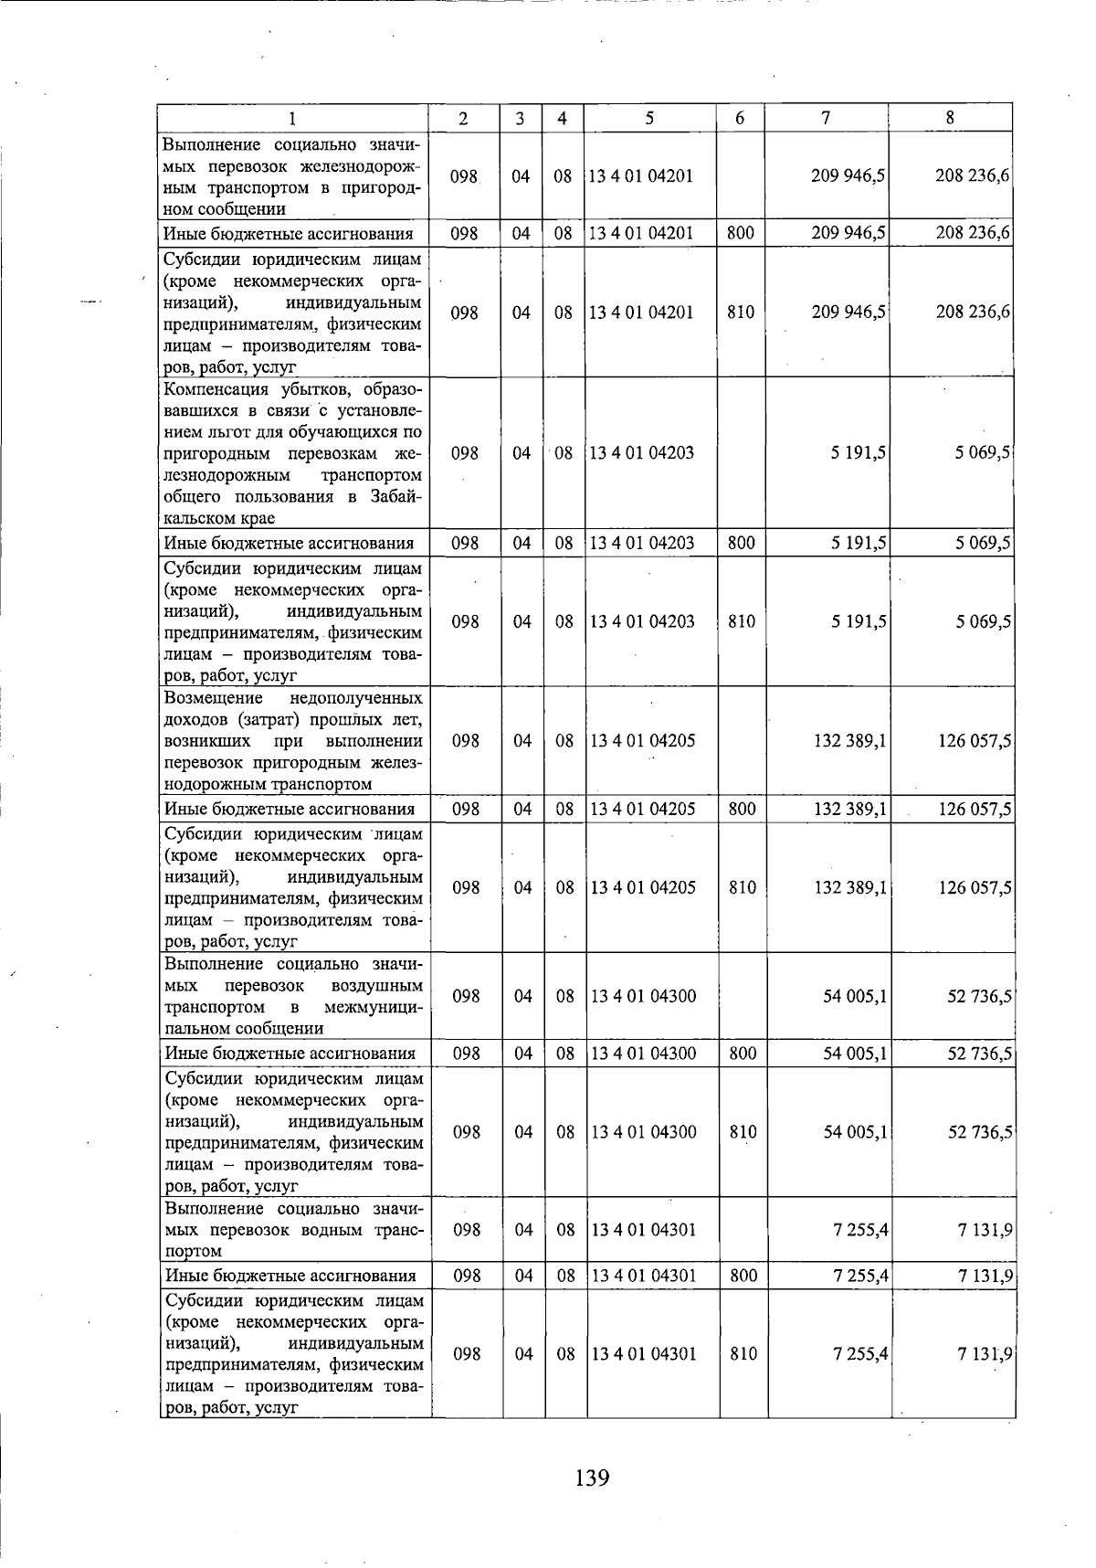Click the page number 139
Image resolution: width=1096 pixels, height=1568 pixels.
click(x=593, y=1478)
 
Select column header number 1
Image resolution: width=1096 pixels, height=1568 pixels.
click(x=292, y=118)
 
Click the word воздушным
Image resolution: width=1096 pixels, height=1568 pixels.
click(x=377, y=985)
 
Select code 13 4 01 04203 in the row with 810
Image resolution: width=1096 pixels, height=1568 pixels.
click(x=643, y=621)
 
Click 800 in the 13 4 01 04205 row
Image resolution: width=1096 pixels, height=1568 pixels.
click(x=742, y=809)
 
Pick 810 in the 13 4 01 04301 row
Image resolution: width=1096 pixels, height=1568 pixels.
click(x=743, y=1354)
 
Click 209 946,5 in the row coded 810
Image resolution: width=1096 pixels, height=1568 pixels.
click(x=849, y=312)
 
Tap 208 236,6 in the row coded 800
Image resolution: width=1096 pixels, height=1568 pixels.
click(x=972, y=233)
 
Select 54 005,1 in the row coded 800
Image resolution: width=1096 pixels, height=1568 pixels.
click(x=855, y=1054)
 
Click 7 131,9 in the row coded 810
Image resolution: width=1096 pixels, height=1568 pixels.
click(x=985, y=1354)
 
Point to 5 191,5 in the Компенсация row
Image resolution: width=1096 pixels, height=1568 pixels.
click(x=859, y=453)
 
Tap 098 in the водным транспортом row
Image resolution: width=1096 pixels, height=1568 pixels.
click(x=467, y=1230)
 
